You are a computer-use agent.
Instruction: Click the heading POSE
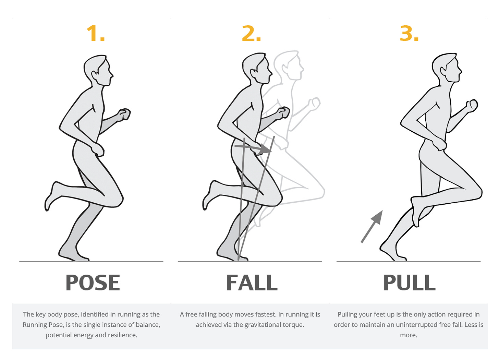pyautogui.click(x=93, y=283)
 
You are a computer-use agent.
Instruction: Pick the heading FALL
pyautogui.click(x=252, y=283)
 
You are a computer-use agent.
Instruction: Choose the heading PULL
pyautogui.click(x=409, y=283)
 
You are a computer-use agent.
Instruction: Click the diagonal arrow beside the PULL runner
pyautogui.click(x=372, y=226)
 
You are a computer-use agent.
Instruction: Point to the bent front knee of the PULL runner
pyautogui.click(x=477, y=192)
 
